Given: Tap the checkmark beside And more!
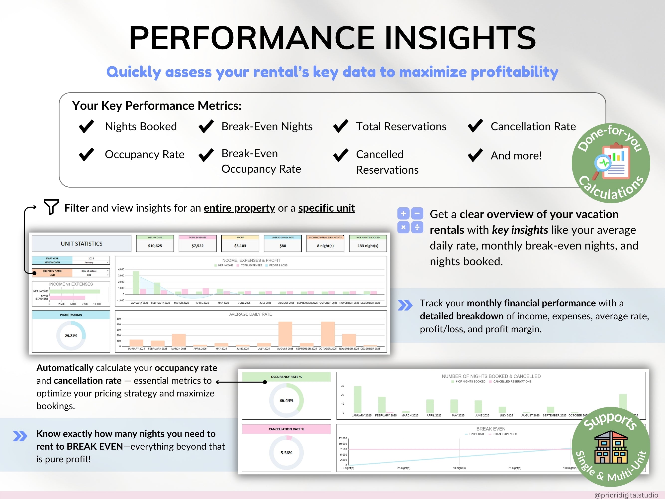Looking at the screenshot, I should point(475,155).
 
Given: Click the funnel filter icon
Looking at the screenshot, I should point(51,207).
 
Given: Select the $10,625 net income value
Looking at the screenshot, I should point(155,246).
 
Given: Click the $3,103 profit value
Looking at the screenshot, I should point(240,246).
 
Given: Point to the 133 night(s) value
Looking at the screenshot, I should point(368,246).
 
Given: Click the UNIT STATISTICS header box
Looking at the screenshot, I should point(82,244).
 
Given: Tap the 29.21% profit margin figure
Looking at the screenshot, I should point(71,336).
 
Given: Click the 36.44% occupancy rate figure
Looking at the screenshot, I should point(286,400).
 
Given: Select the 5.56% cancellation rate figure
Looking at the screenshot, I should point(286,453).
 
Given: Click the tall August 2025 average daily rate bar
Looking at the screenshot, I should point(285,334).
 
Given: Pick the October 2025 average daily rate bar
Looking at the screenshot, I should point(328,334).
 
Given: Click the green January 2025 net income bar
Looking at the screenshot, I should point(136,283).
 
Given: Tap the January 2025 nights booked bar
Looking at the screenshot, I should point(358,399).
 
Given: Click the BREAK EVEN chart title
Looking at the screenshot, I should point(491,429).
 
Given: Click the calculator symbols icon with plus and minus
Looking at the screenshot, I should point(410,221).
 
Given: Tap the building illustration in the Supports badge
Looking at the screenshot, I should point(611,447).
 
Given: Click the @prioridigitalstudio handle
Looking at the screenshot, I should point(626,495).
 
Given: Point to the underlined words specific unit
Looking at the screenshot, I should point(326,208).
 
